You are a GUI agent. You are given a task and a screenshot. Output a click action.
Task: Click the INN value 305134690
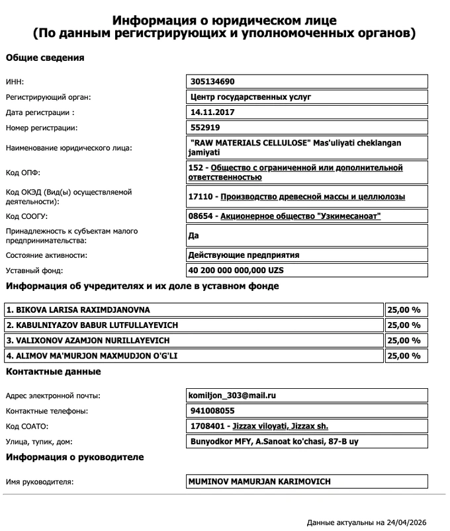point(212,82)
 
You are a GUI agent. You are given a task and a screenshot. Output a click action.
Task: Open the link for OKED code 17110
point(312,196)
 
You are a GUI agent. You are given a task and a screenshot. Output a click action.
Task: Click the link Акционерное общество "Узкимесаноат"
point(300,216)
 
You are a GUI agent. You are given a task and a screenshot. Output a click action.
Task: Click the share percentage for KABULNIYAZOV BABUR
point(404,325)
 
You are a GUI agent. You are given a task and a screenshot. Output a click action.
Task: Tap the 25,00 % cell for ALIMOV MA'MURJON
point(404,356)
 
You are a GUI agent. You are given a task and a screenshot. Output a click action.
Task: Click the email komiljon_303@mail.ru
point(232,395)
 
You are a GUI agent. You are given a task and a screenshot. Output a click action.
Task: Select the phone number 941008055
point(212,411)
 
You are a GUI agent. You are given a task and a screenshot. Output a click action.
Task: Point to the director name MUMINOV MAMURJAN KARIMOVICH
point(259,481)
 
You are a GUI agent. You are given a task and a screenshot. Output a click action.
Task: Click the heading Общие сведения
point(45,58)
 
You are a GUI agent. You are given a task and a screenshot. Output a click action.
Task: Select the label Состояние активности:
point(46,255)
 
